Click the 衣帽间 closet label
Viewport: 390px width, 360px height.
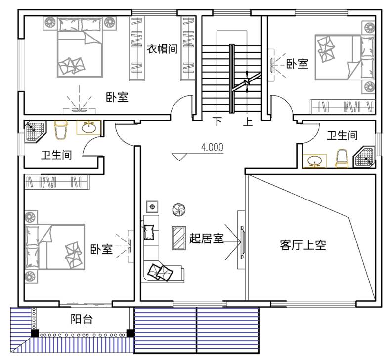pos(162,49)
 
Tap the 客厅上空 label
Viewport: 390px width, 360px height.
pos(303,245)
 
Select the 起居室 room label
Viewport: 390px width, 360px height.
pos(207,238)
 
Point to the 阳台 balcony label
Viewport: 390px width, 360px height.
pos(82,319)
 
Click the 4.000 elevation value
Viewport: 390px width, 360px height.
pos(212,147)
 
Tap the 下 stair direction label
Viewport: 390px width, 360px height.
pos(218,121)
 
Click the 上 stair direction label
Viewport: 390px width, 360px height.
pos(248,121)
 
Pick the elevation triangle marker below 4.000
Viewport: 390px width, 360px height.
pos(179,157)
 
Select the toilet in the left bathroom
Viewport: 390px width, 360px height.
pos(61,130)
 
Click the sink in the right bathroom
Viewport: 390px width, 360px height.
pos(314,161)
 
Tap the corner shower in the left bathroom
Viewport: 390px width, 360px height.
pos(35,132)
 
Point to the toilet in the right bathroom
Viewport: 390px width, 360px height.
pos(342,159)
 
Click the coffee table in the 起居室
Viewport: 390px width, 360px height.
pos(178,238)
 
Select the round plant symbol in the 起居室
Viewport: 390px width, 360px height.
pos(179,210)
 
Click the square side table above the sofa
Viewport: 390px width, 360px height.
pos(152,207)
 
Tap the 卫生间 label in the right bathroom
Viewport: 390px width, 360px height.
pos(342,135)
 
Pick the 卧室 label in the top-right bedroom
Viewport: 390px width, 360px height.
pos(297,64)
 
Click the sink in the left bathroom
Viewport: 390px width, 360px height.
pos(89,127)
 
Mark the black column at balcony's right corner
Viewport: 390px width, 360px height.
pos(130,333)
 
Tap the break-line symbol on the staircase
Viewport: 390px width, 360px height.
pos(247,82)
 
